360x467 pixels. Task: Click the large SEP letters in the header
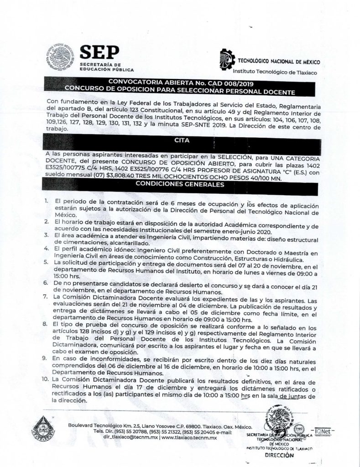pos(99,53)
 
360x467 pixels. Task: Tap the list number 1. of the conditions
pos(47,201)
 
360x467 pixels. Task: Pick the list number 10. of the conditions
pos(46,379)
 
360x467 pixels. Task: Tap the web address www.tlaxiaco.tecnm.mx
pos(189,437)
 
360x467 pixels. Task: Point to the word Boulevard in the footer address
pos(83,425)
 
